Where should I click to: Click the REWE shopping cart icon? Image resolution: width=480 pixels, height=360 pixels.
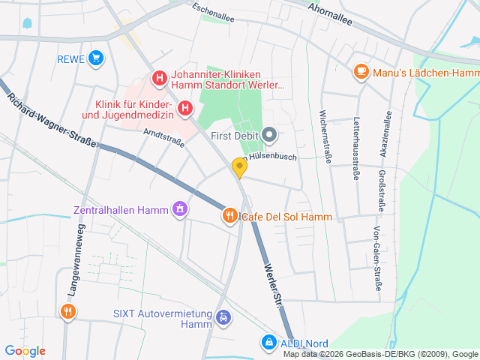(x=95, y=58)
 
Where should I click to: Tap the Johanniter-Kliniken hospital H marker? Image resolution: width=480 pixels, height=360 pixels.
(x=159, y=78)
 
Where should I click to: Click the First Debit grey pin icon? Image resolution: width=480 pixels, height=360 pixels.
(x=271, y=136)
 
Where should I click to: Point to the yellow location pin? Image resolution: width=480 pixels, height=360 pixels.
(x=239, y=166)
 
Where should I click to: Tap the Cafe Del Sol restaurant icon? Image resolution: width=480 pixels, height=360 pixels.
(x=229, y=216)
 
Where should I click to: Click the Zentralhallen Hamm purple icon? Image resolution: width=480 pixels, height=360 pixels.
(x=178, y=208)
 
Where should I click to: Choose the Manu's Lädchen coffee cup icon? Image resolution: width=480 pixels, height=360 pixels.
(x=361, y=72)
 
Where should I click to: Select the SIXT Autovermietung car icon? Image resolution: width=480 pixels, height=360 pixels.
(x=223, y=318)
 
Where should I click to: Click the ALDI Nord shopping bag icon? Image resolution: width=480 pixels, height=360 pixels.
(x=268, y=342)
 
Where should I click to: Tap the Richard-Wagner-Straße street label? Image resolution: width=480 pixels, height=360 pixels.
(x=52, y=120)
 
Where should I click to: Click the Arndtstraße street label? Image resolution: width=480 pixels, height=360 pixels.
(x=163, y=138)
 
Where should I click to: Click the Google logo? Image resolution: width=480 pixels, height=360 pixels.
(x=25, y=351)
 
